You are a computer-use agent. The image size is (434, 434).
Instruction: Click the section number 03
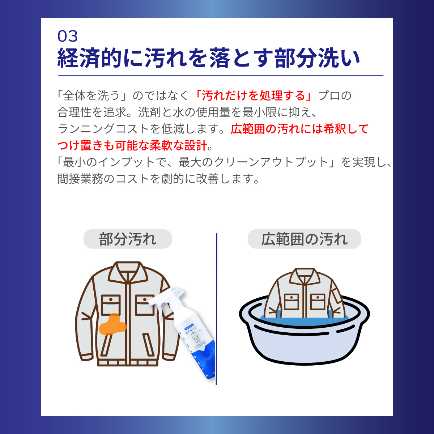68,36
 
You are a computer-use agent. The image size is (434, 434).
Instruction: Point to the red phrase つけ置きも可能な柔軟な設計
132,145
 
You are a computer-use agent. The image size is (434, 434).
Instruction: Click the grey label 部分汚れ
128,239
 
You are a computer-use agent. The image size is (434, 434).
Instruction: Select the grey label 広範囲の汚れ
304,239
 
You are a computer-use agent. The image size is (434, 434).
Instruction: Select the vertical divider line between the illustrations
217,307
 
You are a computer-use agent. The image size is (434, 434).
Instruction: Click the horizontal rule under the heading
221,76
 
